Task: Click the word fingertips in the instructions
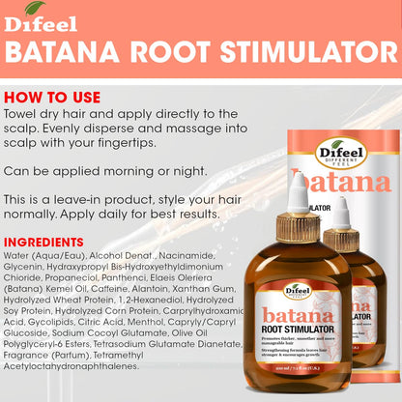[x=145, y=141]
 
